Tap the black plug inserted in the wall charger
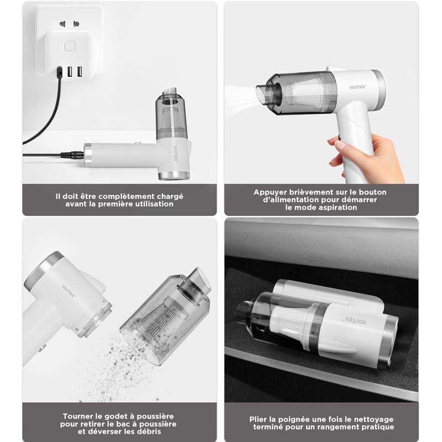click(x=59, y=71)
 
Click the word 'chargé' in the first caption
click(x=169, y=196)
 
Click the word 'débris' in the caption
click(x=160, y=432)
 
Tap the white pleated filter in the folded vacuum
click(x=287, y=320)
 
